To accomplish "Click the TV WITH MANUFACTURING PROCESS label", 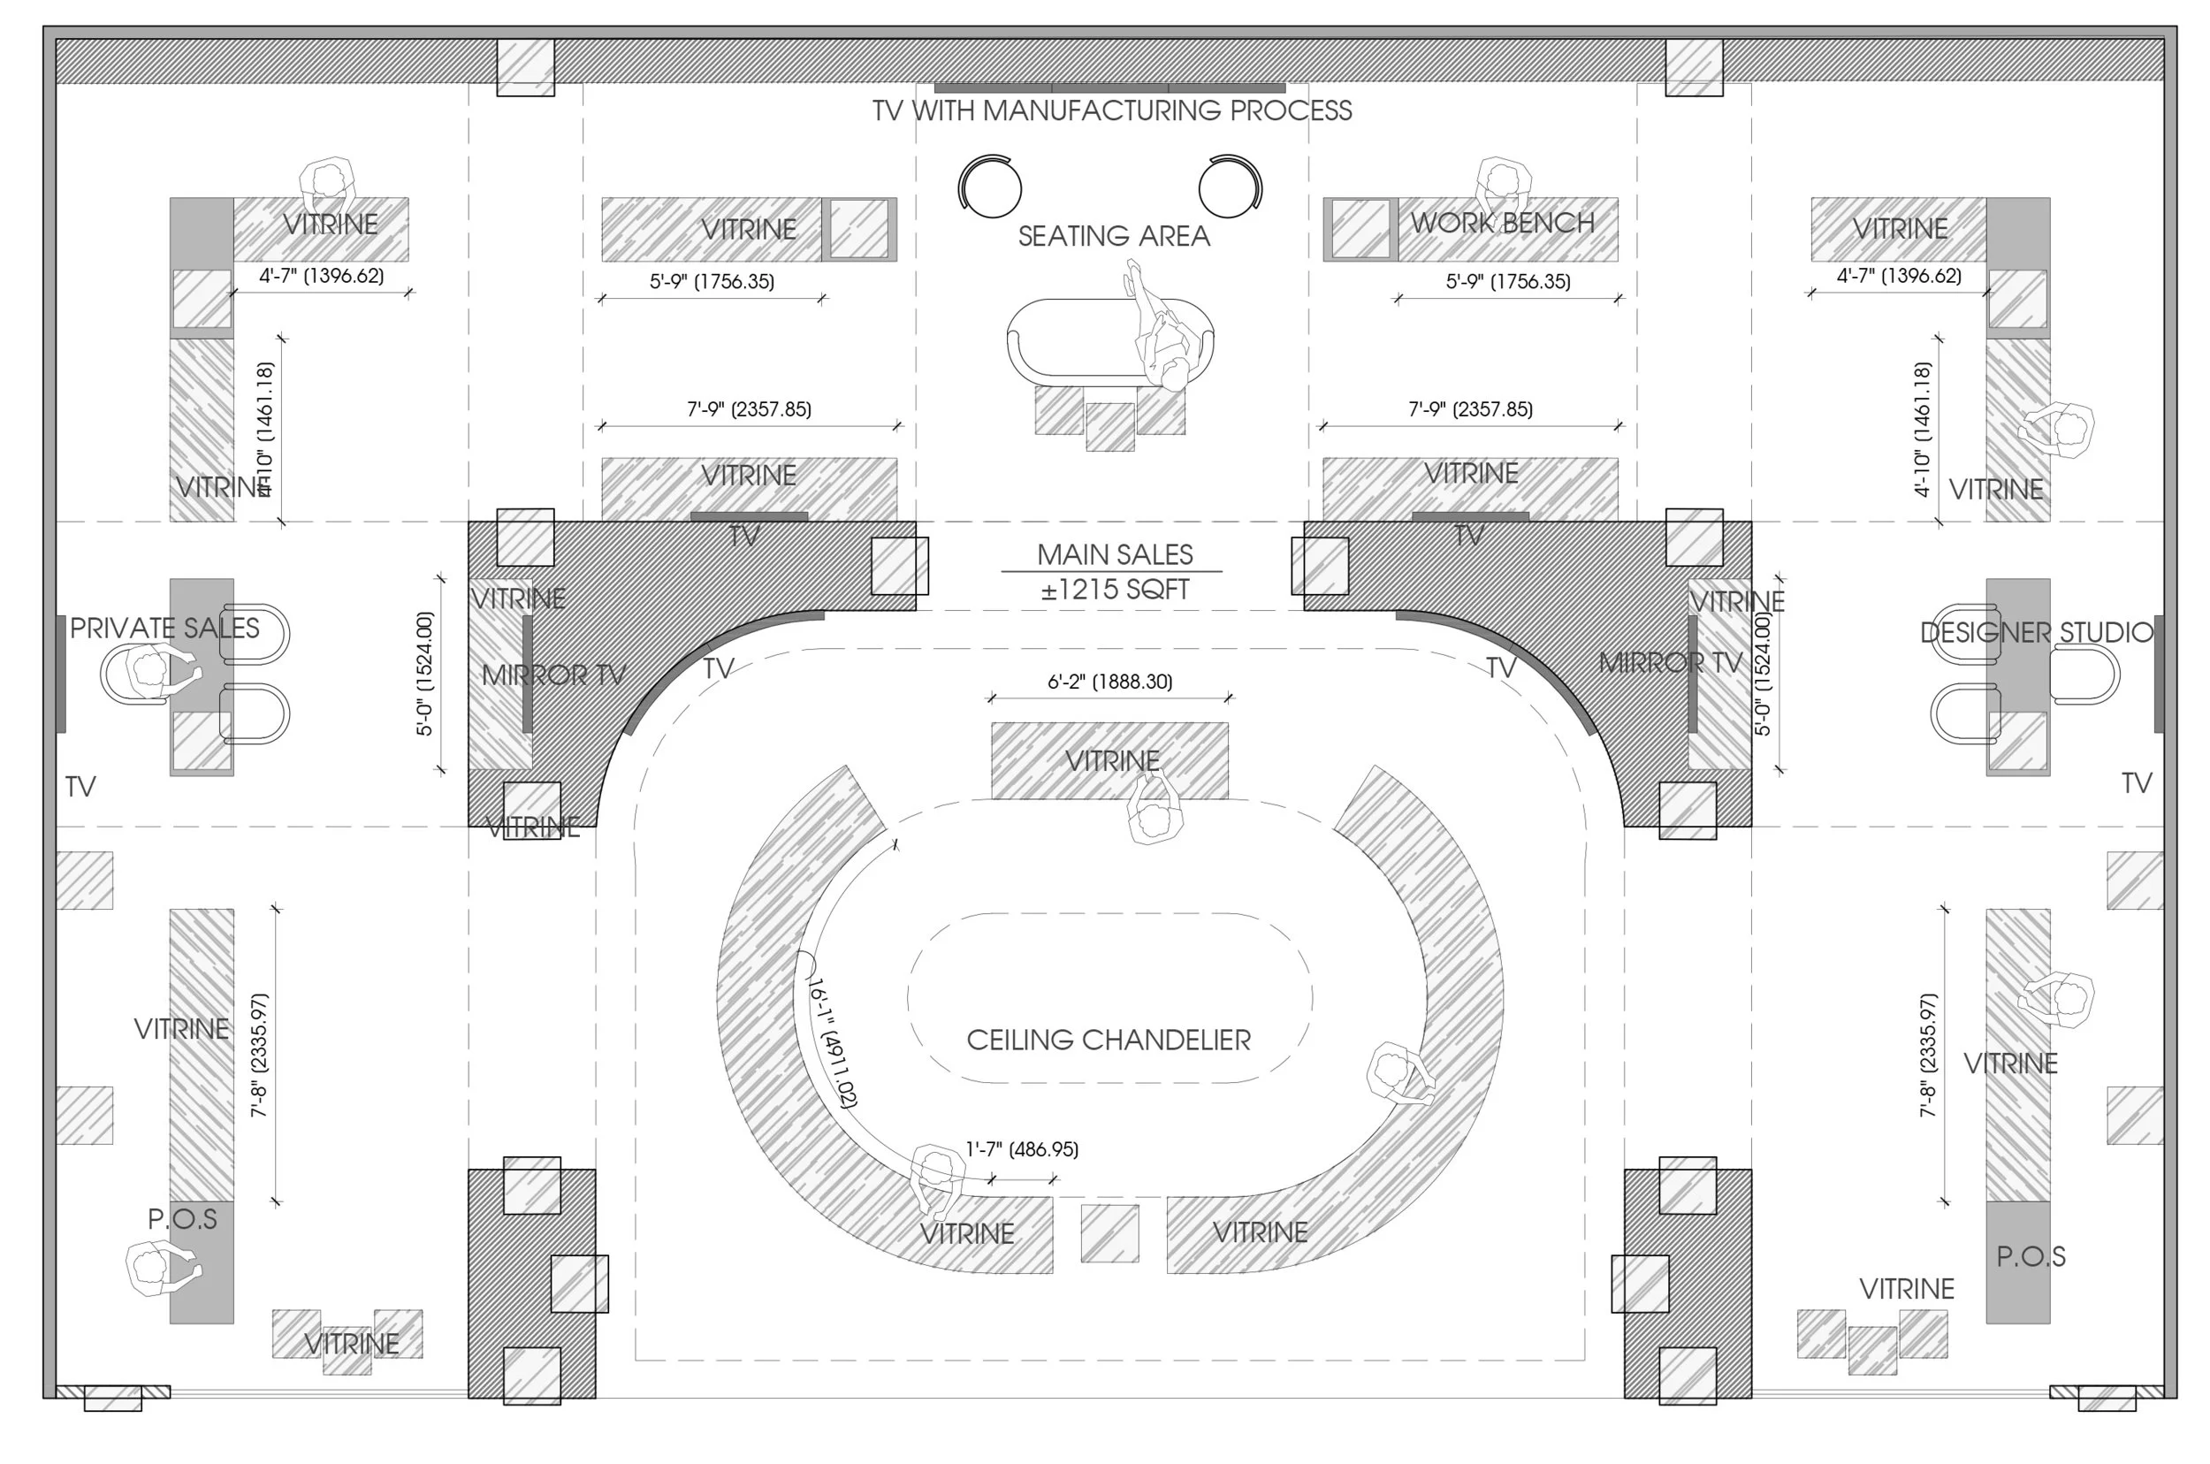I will pos(1111,111).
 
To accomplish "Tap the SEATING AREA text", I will pos(1113,236).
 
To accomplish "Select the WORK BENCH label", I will pos(1501,223).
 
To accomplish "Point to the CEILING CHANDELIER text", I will pos(1109,1039).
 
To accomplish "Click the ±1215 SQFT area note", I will pos(1115,590).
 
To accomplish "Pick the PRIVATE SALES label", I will pos(164,629).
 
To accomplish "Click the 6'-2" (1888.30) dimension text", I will pos(1109,682).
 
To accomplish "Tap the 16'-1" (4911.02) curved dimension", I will pos(832,1042).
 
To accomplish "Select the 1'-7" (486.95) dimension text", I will pos(1021,1149).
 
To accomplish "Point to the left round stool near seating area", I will pos(991,187).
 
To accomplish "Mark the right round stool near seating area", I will pos(1230,187).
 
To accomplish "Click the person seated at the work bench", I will pos(1502,184).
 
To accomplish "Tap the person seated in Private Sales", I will pos(149,669).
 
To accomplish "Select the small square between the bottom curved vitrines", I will pos(1109,1233).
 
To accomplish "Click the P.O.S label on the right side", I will pos(2031,1257).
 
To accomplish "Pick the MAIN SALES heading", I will pos(1115,554).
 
